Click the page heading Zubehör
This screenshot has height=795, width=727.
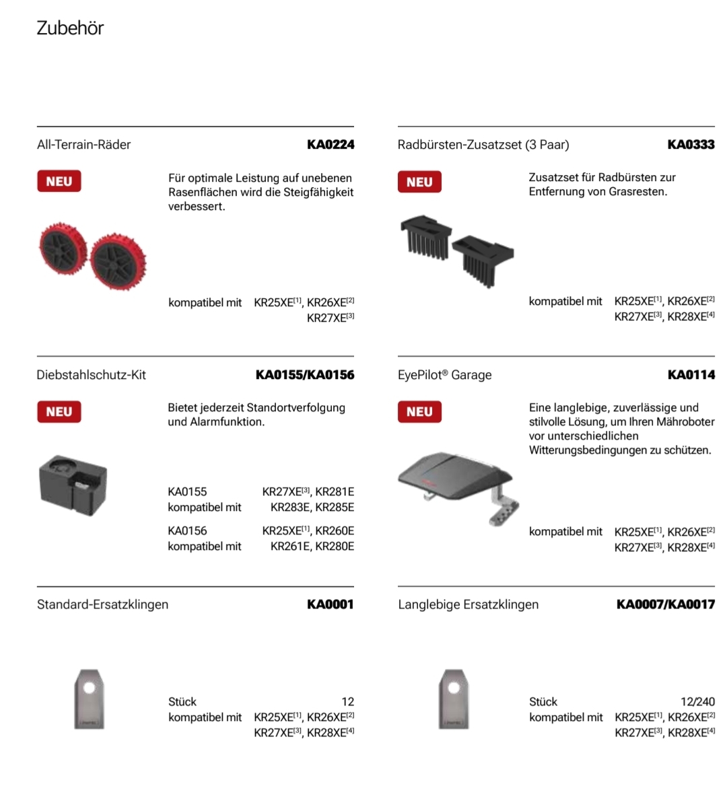click(x=70, y=28)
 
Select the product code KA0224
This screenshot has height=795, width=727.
click(x=330, y=144)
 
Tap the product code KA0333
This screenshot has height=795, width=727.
click(x=691, y=144)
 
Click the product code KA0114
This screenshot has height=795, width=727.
click(x=691, y=374)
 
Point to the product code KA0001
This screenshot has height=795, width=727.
click(x=330, y=604)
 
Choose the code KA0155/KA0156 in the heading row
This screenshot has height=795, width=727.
click(x=304, y=374)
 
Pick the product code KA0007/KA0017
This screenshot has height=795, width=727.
click(x=665, y=604)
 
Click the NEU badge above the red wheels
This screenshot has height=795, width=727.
click(x=59, y=181)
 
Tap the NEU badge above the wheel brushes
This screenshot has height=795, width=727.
click(x=419, y=182)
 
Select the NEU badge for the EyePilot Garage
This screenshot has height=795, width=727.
click(x=419, y=411)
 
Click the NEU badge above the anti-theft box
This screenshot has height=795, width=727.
click(x=59, y=411)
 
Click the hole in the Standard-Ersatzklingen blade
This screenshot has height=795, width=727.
click(x=92, y=687)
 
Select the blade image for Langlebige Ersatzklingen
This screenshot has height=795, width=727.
click(x=453, y=699)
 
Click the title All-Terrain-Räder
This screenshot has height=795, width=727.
click(x=84, y=144)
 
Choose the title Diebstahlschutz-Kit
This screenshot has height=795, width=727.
click(x=91, y=374)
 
